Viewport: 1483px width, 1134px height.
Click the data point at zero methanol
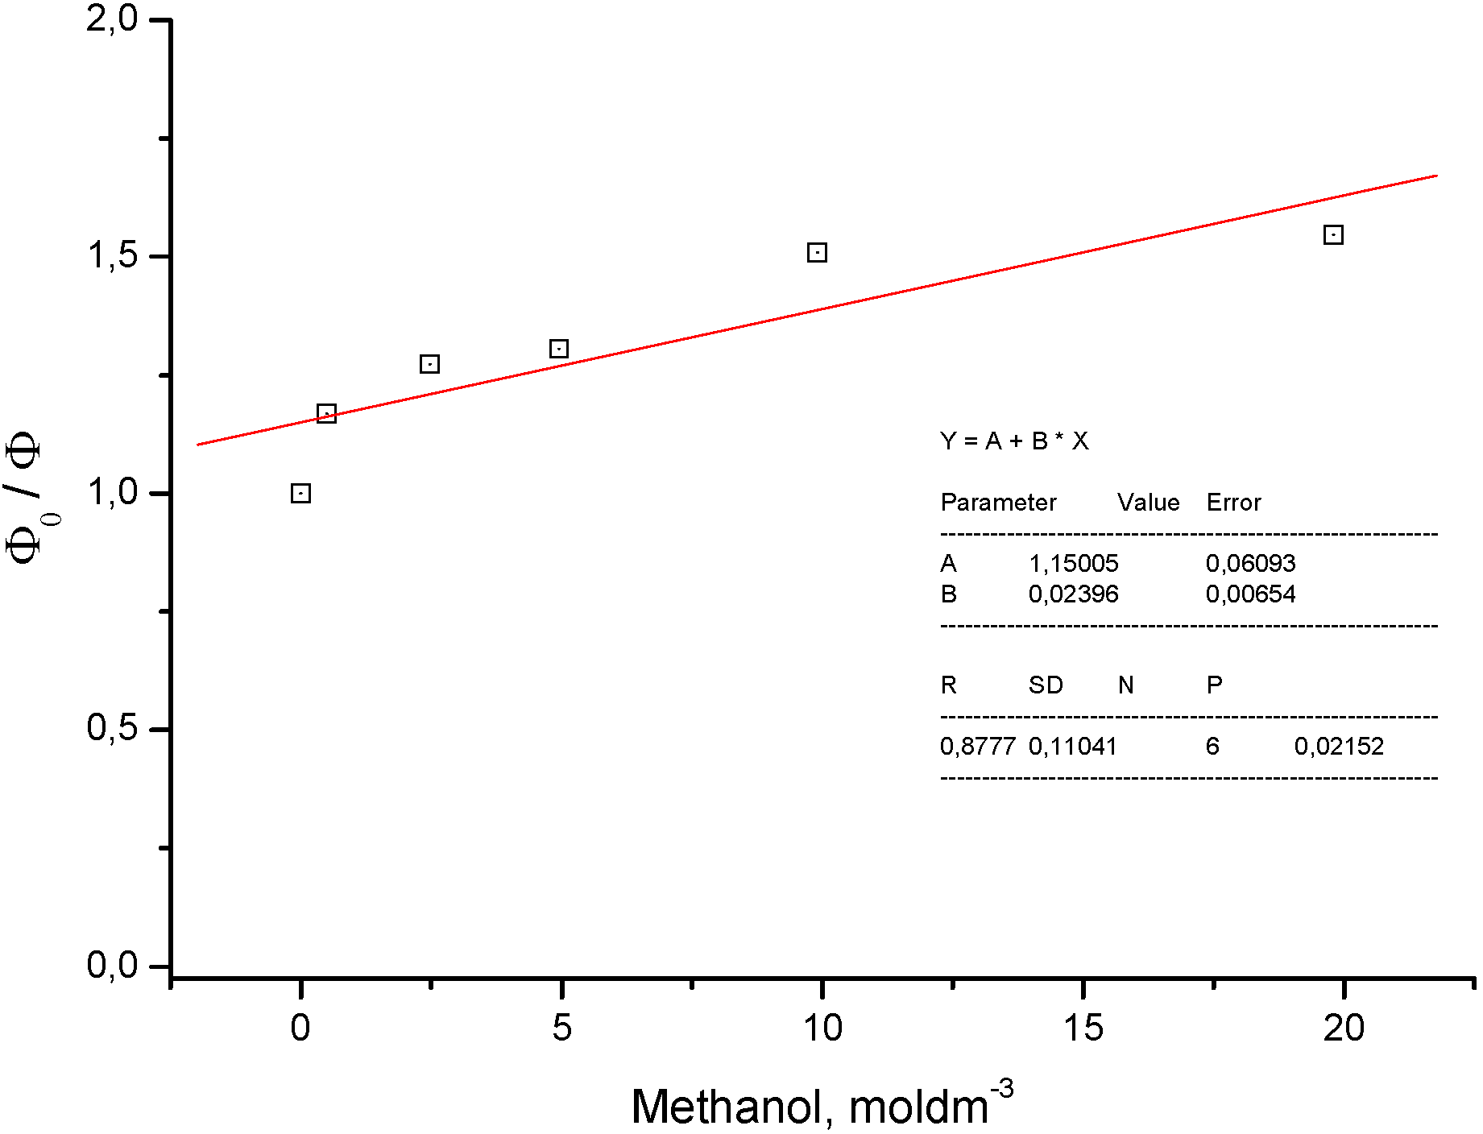pos(300,493)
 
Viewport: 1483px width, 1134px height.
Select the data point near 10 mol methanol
pos(817,253)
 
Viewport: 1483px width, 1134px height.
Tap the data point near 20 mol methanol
pos(1333,235)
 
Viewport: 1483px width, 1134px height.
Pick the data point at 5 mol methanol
pos(559,349)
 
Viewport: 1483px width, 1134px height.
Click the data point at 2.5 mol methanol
pos(429,364)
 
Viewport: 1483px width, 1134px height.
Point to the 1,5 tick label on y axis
pos(113,256)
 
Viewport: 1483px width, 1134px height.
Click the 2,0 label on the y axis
pos(113,19)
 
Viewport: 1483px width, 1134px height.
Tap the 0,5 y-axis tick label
pos(113,729)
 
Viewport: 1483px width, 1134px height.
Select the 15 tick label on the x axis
pos(1083,1028)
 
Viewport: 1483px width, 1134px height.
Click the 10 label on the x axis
pos(822,1028)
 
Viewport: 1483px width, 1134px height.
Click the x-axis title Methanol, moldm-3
pos(822,1105)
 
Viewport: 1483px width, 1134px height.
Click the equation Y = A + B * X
pos(1014,441)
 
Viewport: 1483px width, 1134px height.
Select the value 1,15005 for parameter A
pos(1073,563)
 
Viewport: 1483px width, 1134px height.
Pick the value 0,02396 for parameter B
pos(1073,594)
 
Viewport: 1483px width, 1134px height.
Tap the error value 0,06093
pos(1250,563)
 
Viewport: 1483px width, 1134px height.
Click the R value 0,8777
pos(977,747)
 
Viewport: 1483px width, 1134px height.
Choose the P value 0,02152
pos(1339,747)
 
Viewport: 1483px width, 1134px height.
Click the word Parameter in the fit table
pos(998,503)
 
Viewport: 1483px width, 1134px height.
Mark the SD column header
pos(1046,685)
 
